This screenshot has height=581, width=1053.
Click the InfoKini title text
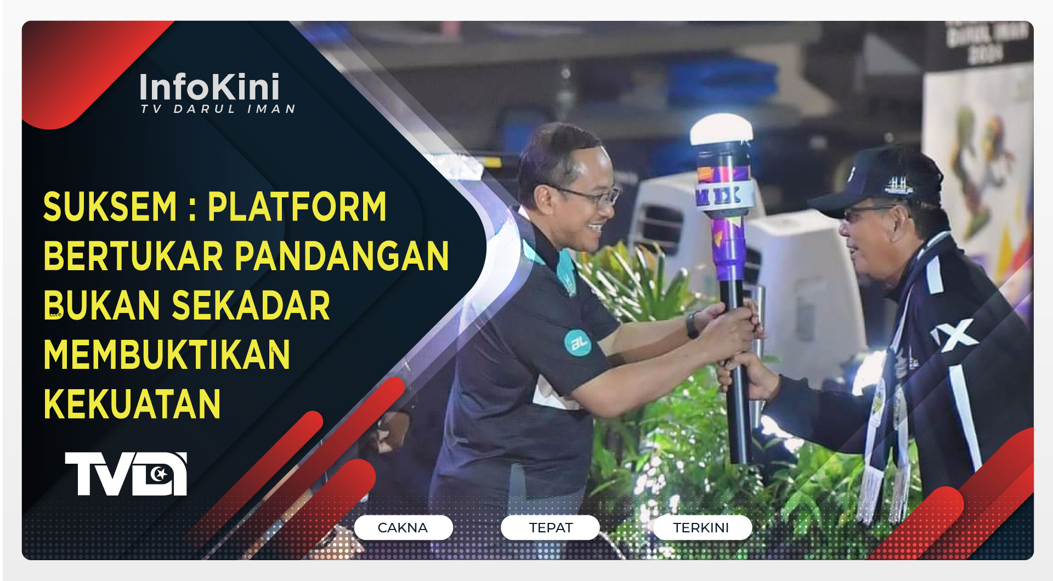pos(210,87)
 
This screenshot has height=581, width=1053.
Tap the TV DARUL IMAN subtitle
pos(218,109)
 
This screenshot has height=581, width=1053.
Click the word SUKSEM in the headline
pos(110,207)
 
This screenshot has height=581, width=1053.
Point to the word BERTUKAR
pos(133,256)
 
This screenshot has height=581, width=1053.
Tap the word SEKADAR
pos(251,305)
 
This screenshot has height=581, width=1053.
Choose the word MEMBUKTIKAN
pos(167,355)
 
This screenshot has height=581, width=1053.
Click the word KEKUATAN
pos(132,404)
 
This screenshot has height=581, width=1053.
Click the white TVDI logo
pos(126,474)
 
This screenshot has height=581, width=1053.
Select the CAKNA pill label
pos(403,527)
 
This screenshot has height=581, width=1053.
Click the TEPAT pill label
pos(550,527)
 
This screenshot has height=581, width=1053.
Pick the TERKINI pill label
pos(701,527)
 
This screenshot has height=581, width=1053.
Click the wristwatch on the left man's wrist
pos(692,324)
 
